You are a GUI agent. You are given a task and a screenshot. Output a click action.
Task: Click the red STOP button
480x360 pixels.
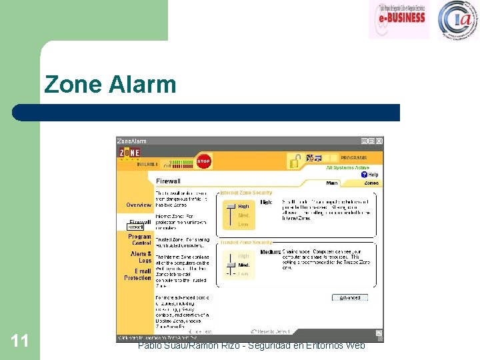coord(204,161)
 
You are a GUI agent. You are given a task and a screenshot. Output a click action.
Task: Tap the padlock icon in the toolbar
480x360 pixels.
coord(294,160)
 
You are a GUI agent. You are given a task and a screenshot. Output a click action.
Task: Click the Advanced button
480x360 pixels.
coord(349,297)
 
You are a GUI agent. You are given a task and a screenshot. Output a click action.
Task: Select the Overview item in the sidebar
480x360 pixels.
coord(139,205)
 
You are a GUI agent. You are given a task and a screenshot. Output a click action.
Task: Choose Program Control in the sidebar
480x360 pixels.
coord(139,239)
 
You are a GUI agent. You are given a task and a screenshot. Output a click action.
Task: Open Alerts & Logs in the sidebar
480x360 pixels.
coord(141,257)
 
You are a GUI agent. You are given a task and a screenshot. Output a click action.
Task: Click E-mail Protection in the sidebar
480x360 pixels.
coord(138,274)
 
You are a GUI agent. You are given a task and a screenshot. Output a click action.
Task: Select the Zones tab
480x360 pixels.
coord(371,183)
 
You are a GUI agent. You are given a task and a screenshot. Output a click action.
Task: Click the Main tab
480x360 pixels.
coord(331,183)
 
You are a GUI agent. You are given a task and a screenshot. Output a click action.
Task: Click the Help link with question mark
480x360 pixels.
coord(369,175)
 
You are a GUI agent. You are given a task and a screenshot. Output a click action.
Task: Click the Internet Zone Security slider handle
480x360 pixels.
coord(229,207)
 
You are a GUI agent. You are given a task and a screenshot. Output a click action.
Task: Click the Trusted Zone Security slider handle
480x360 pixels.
coord(229,265)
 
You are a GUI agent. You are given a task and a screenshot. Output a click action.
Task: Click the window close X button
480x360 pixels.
coord(379,141)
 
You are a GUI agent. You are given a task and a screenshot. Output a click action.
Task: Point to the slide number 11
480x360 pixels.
coord(19,341)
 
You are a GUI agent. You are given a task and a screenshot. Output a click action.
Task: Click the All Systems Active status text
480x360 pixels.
coord(347,167)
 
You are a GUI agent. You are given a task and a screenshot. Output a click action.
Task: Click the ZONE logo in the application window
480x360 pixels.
coord(130,153)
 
